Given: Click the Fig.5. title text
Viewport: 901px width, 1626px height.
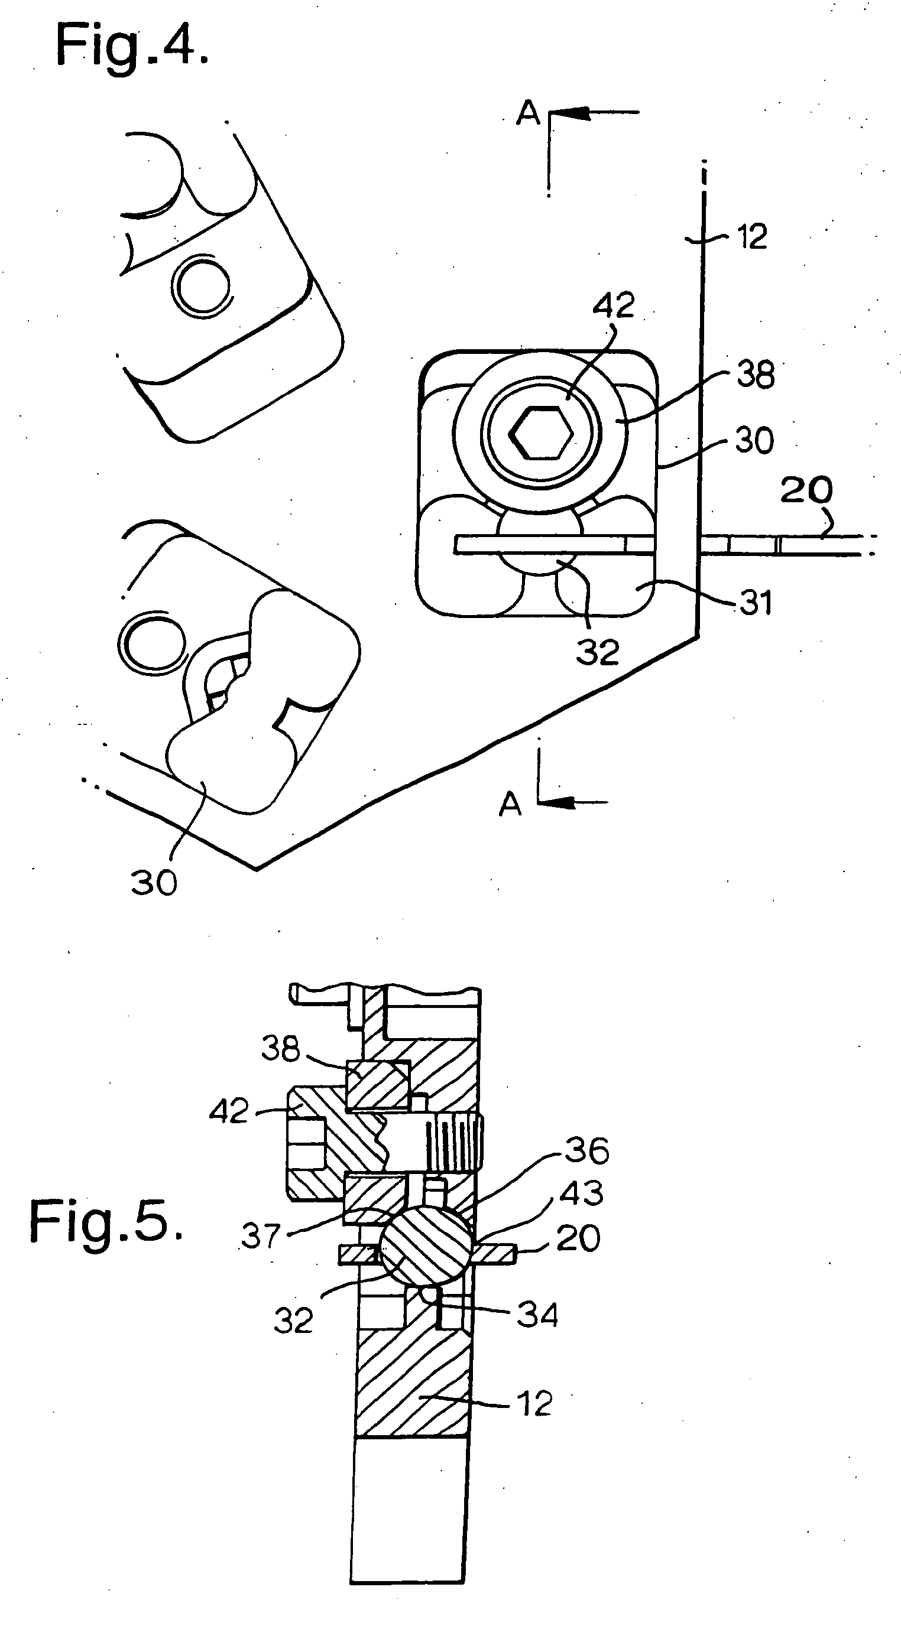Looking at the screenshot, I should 106,1222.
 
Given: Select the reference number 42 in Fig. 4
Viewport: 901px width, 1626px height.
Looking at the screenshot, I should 613,305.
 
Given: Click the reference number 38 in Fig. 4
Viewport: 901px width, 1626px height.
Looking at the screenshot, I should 756,375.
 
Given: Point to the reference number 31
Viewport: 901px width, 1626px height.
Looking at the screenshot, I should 756,603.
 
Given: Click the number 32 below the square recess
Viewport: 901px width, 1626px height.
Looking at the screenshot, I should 597,652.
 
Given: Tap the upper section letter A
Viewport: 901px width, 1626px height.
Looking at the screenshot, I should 528,114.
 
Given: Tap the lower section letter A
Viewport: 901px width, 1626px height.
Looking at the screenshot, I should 510,805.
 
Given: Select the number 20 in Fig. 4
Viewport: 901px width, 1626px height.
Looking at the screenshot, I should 806,490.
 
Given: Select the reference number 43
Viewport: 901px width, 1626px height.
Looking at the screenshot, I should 582,1193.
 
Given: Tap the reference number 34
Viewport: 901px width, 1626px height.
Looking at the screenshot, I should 537,1315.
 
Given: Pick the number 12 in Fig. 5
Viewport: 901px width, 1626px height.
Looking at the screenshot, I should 534,1404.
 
